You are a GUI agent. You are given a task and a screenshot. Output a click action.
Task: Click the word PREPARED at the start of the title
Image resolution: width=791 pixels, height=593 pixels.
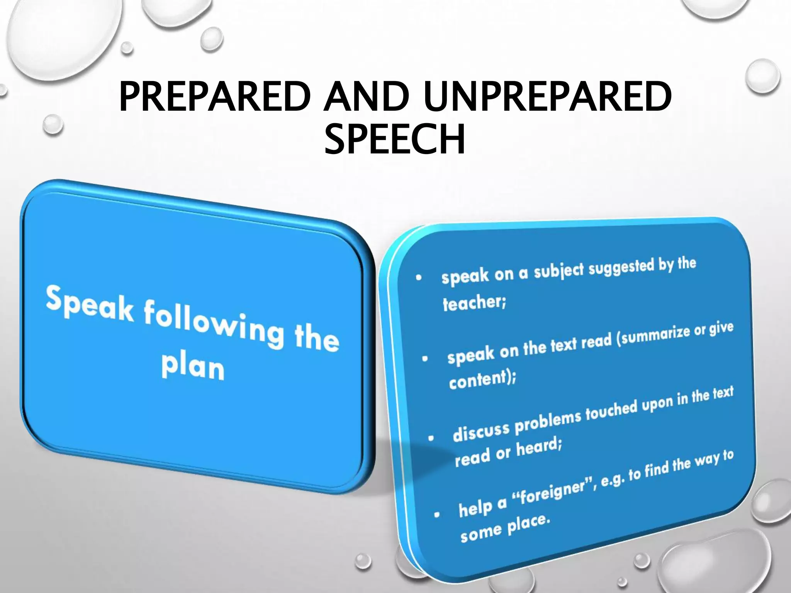coord(215,97)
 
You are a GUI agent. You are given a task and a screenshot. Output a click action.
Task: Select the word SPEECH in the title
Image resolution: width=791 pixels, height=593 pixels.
coord(395,139)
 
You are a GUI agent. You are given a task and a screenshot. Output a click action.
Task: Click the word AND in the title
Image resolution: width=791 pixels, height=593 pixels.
coord(367,97)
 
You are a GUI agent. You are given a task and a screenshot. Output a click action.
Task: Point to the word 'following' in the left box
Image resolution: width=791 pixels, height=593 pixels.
coord(214,324)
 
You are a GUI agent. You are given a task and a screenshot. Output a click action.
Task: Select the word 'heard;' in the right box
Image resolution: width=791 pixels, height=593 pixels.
coord(539,448)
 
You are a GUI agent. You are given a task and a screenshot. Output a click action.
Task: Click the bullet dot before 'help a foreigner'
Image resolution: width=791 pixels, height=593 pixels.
coord(437,515)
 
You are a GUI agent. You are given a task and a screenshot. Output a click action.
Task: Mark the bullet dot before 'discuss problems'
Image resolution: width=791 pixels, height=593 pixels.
coord(431,438)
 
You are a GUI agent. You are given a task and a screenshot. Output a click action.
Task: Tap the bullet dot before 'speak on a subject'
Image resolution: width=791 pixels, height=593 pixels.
coord(418,277)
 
